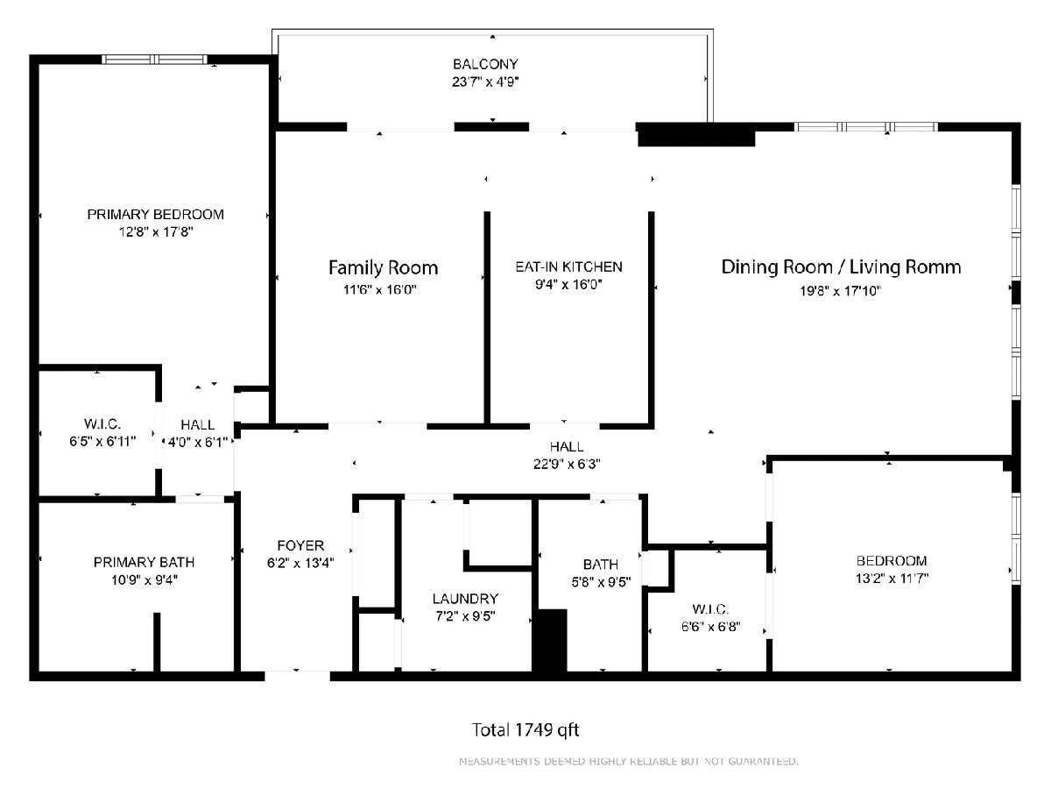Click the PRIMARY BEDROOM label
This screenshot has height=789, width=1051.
(x=156, y=214)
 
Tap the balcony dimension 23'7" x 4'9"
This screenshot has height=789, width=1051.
(x=485, y=82)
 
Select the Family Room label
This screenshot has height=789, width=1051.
(x=383, y=267)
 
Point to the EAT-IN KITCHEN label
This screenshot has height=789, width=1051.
(x=568, y=267)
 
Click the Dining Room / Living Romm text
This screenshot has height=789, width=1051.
(x=842, y=267)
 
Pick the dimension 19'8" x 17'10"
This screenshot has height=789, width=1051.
(x=840, y=291)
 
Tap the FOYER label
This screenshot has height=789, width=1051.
(x=300, y=545)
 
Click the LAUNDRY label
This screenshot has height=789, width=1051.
(x=465, y=599)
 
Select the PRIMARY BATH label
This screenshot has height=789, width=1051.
(x=145, y=562)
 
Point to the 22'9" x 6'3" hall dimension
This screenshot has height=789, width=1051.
(x=567, y=465)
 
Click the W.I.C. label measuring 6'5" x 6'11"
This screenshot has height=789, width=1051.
(x=102, y=424)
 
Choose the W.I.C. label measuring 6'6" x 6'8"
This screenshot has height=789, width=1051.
(x=710, y=609)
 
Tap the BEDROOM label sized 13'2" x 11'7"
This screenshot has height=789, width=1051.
(x=892, y=560)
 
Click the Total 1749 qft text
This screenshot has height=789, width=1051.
(x=525, y=730)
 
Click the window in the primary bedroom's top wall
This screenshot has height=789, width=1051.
(x=154, y=60)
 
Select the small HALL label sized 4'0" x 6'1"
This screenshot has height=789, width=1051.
(x=197, y=425)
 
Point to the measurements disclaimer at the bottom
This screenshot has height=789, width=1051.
(x=629, y=761)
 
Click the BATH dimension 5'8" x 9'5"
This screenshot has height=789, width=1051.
(x=601, y=582)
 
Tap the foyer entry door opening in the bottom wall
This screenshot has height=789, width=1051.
(x=297, y=676)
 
